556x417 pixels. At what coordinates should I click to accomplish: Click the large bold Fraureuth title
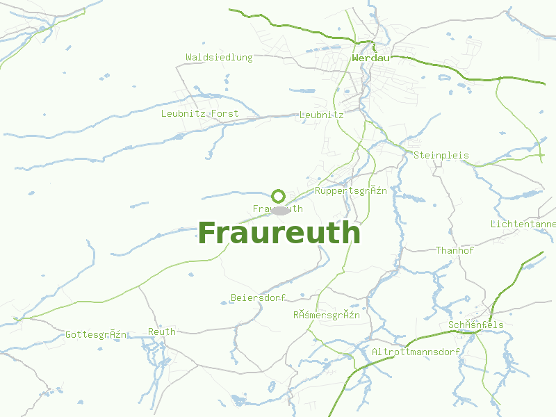279,233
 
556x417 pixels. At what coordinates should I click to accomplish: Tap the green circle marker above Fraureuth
279,196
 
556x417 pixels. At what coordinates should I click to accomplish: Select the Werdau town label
370,58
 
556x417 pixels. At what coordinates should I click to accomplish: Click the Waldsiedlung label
219,58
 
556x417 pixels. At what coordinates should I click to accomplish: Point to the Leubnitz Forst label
199,113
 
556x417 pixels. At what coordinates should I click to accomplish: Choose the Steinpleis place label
441,156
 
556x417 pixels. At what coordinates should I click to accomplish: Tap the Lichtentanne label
523,224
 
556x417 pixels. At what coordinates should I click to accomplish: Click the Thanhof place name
455,250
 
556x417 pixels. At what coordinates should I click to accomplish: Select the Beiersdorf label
259,298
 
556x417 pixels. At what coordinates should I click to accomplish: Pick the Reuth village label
162,332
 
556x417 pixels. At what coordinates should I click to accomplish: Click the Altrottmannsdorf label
416,352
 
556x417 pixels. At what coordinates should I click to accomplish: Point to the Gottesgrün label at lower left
96,335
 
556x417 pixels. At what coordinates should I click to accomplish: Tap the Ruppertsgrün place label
350,191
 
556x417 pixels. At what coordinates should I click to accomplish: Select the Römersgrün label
326,316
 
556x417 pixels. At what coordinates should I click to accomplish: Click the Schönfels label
476,325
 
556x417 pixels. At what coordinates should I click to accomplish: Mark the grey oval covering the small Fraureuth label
280,210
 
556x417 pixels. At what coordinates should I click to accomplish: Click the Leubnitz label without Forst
321,115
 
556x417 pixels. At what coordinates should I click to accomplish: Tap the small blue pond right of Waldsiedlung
303,90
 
